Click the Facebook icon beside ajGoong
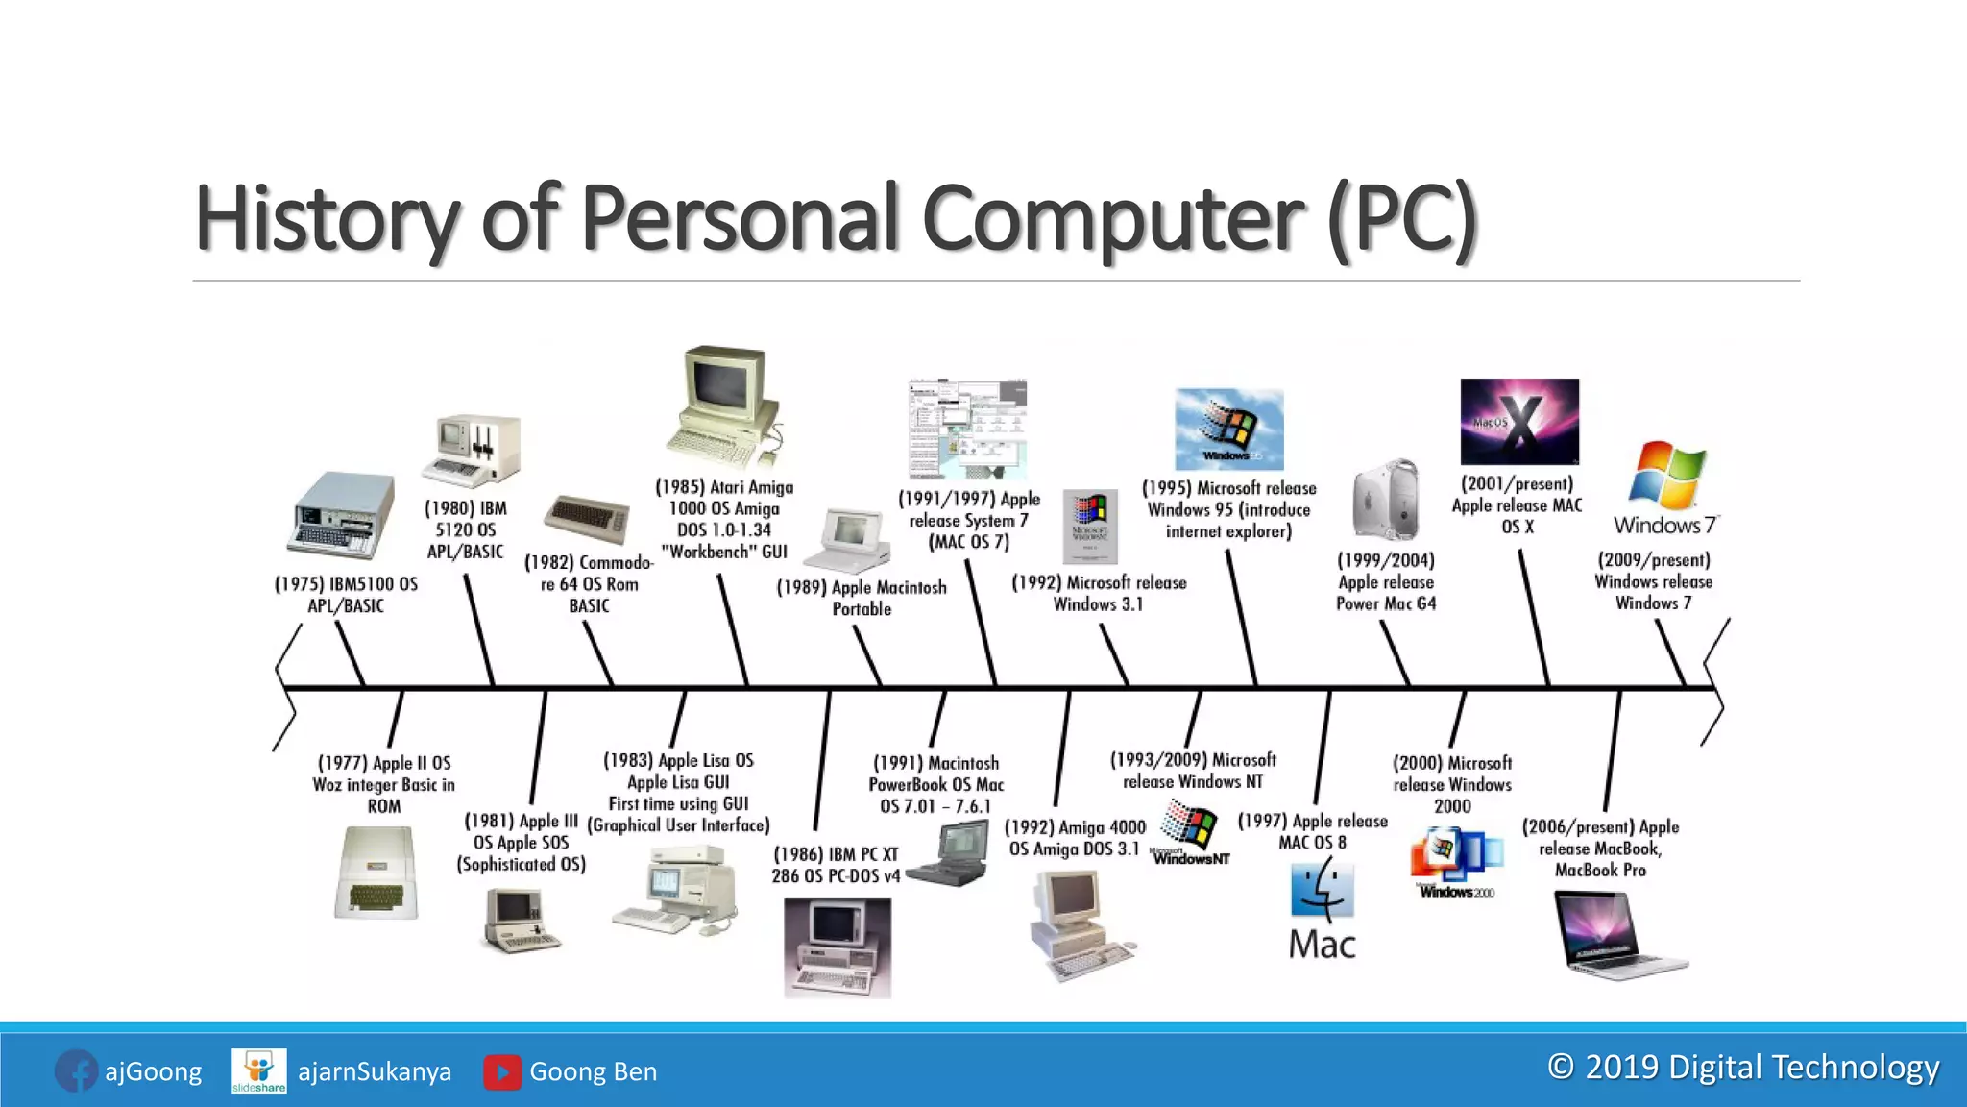tap(76, 1070)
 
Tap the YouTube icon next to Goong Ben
tap(502, 1071)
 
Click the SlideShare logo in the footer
tap(259, 1070)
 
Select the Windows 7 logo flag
tap(1666, 475)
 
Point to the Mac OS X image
tap(1519, 422)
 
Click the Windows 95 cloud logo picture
tap(1228, 429)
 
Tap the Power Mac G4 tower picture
tap(1385, 500)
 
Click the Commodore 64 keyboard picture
tap(586, 519)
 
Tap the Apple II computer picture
tap(377, 873)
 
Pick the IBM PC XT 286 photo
tap(837, 947)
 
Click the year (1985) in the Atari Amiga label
tap(679, 487)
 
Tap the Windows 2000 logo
tap(1455, 861)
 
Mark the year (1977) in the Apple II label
tap(342, 763)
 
